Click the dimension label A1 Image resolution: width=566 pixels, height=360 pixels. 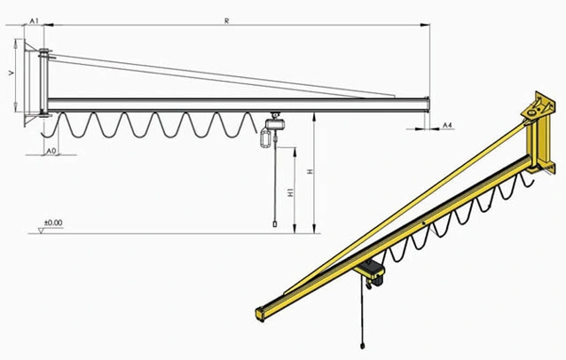(x=34, y=21)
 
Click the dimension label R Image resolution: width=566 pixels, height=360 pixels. (x=227, y=21)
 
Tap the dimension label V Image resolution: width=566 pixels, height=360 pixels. (x=12, y=73)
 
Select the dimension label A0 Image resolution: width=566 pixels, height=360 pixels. (x=51, y=151)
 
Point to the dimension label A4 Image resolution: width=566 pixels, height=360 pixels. (x=447, y=125)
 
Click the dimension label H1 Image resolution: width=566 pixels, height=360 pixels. (x=291, y=192)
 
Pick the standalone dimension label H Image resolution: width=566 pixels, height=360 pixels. (x=310, y=172)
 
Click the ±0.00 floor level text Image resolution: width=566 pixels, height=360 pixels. (x=53, y=223)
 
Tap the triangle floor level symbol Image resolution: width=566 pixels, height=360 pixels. (x=41, y=231)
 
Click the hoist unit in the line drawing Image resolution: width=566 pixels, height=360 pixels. (x=275, y=122)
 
